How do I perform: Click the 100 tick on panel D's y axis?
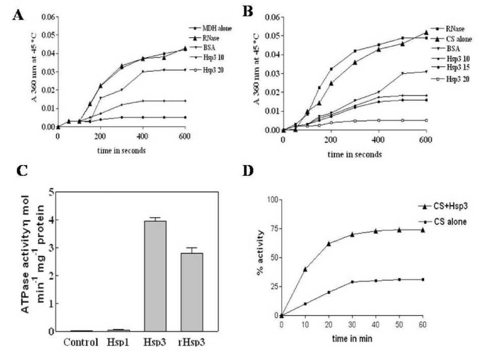coord(270,199)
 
